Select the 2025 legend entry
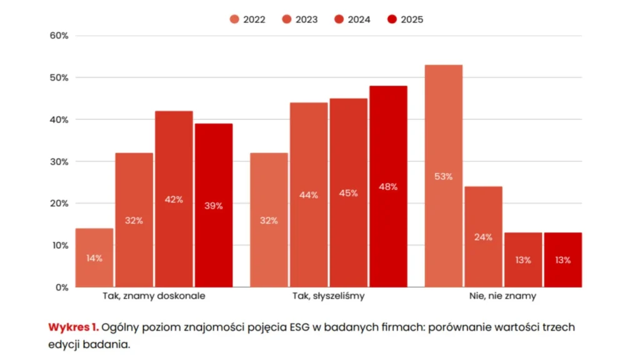[405, 19]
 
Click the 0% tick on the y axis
[62, 287]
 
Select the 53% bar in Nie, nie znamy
[443, 176]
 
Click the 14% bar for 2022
[94, 257]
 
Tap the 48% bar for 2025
[388, 186]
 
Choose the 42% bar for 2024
[174, 199]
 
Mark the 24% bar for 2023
[483, 237]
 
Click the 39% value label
[214, 206]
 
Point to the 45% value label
[348, 193]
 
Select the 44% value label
[309, 195]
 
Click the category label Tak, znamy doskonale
[153, 296]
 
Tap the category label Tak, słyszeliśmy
[328, 296]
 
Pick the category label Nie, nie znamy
[503, 296]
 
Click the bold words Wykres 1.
[73, 327]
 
